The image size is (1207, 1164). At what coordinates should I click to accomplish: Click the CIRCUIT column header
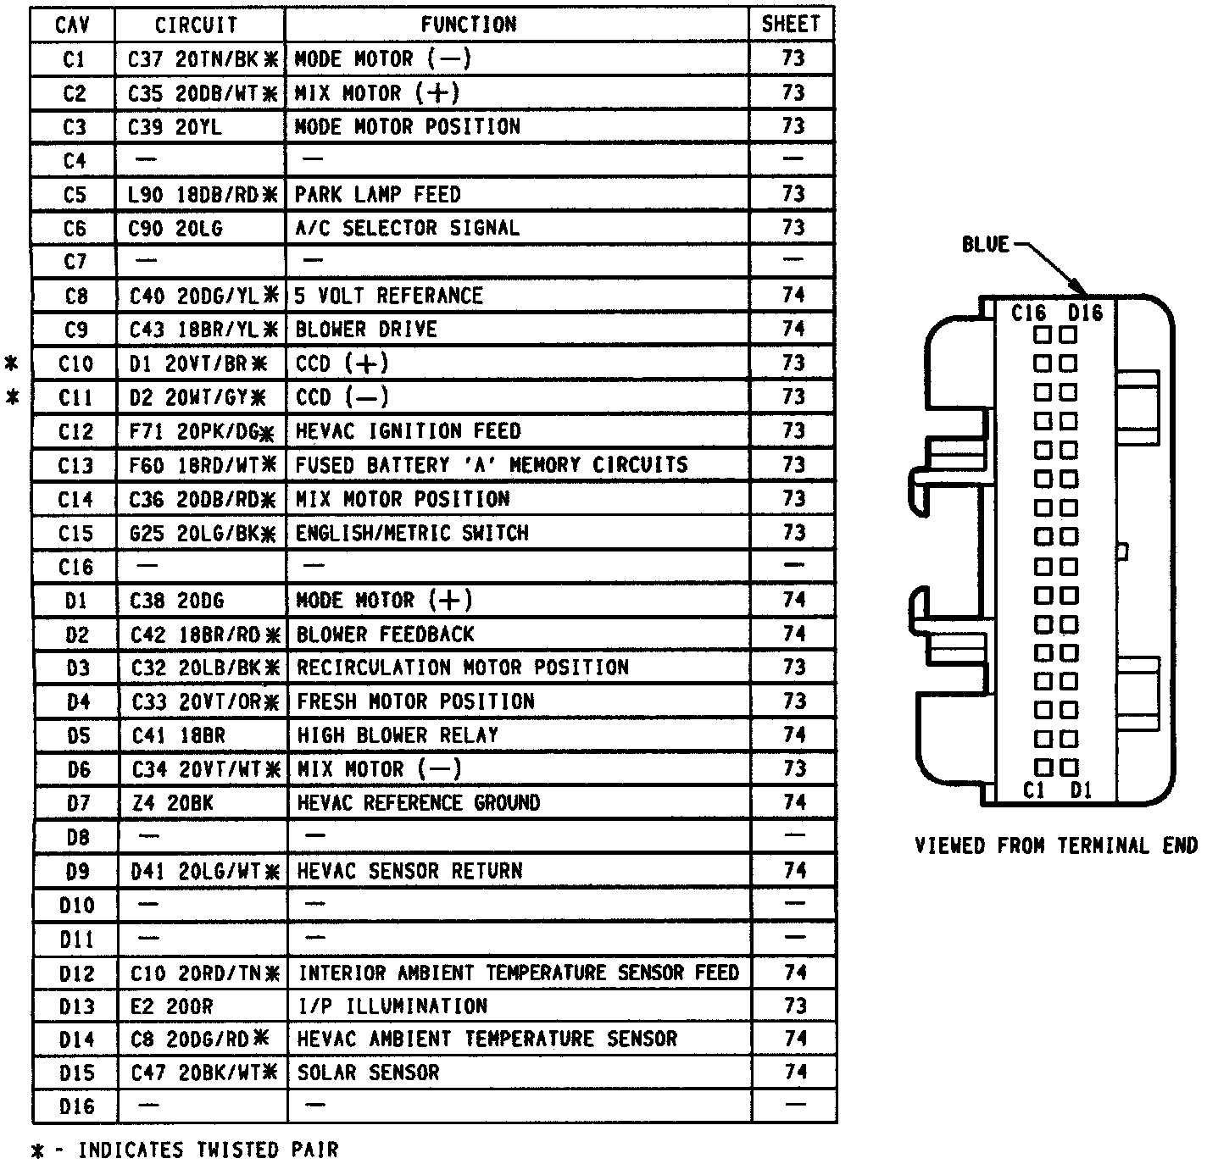coord(196,25)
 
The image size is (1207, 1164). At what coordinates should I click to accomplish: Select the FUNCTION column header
coord(468,25)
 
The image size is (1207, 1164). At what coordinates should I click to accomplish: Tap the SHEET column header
coord(791,25)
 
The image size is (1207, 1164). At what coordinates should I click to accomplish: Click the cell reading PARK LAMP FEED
coord(377,194)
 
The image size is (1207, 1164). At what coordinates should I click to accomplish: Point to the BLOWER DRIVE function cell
coord(366,330)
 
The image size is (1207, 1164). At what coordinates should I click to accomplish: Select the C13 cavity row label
coord(75,465)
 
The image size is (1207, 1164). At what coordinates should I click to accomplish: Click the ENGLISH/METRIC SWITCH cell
coord(412,533)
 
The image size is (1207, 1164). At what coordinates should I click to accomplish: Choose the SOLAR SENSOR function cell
coord(369,1073)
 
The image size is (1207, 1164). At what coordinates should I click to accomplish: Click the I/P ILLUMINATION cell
coord(392,1006)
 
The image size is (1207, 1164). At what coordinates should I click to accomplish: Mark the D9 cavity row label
coord(76,871)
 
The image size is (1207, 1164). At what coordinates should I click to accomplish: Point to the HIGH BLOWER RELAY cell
coord(398,735)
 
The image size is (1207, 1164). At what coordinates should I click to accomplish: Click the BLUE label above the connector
coord(985,245)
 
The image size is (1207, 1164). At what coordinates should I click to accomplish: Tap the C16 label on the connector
coord(1028,313)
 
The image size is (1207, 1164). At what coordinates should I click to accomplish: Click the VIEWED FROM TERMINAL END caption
coord(1056,845)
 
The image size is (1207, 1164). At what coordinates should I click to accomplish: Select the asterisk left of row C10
coord(12,364)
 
